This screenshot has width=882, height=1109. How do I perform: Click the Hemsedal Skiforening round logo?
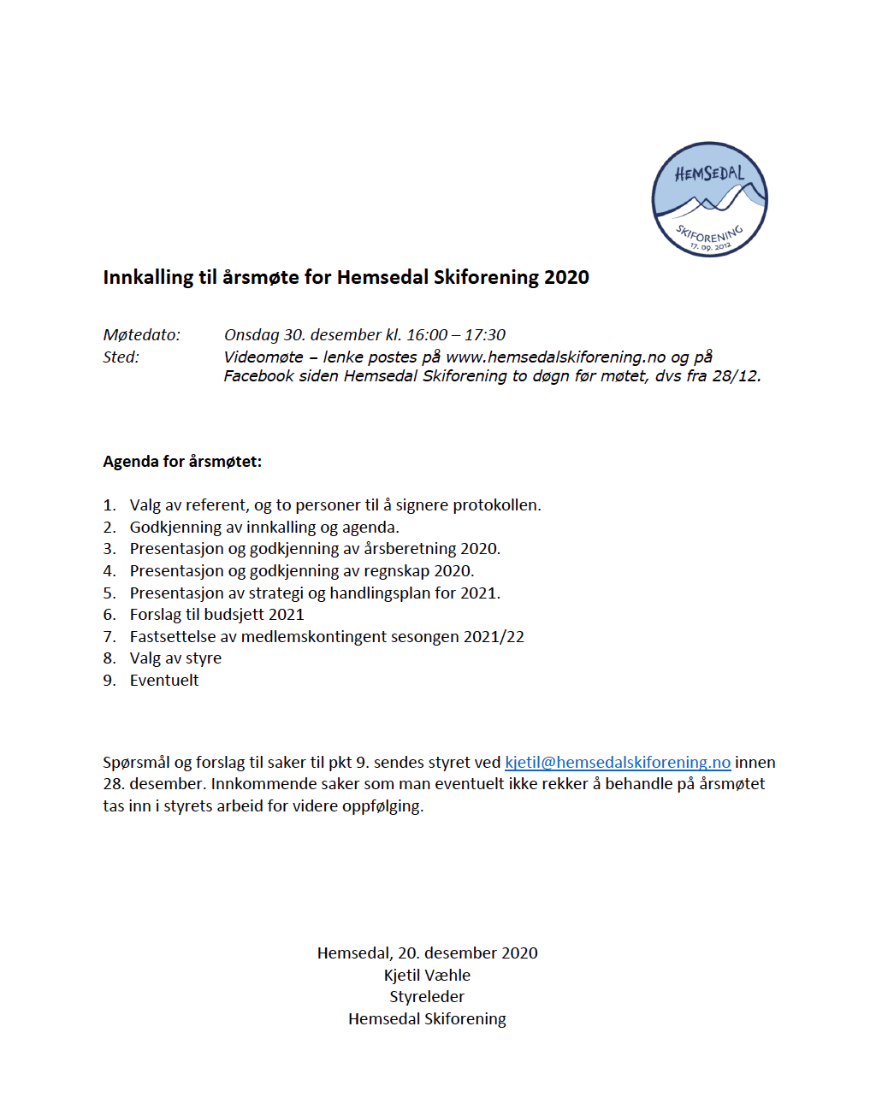(709, 199)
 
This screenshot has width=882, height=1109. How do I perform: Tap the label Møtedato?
(142, 335)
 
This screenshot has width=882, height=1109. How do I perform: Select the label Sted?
(121, 357)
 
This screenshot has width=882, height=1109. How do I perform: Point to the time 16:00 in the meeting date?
(427, 335)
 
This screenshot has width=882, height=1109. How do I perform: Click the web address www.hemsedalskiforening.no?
(555, 357)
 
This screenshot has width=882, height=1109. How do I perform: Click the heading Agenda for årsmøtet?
(182, 462)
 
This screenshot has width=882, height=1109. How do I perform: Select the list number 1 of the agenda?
(109, 505)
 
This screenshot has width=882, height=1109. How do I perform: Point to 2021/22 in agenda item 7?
(494, 637)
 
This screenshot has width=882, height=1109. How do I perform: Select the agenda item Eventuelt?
(164, 681)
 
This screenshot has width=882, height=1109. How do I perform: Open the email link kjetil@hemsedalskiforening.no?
(618, 763)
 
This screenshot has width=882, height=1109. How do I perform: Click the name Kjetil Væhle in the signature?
(427, 976)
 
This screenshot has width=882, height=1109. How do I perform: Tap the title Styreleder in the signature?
(427, 997)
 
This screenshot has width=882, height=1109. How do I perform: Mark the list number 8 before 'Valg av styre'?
(109, 658)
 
